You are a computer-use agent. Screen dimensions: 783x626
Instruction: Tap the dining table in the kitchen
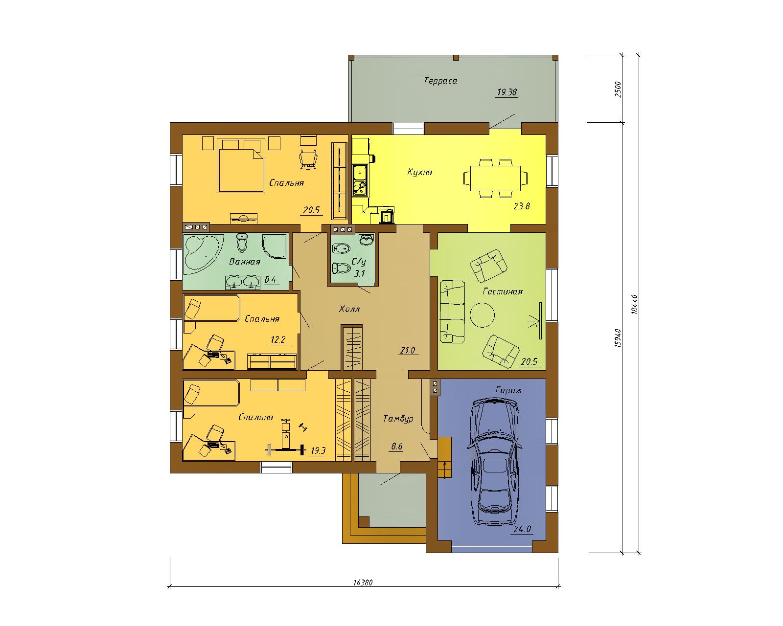click(x=495, y=178)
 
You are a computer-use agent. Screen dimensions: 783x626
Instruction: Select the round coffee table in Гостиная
click(x=482, y=315)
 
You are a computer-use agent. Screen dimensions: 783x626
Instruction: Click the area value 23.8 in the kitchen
click(x=522, y=206)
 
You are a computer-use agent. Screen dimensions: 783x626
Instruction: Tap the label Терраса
click(x=440, y=81)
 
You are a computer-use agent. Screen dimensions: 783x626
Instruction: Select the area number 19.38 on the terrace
click(x=507, y=92)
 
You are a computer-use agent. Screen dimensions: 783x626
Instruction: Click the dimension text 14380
click(x=363, y=582)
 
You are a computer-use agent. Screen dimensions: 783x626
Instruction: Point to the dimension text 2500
click(x=618, y=89)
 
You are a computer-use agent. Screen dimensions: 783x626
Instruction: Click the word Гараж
click(x=508, y=391)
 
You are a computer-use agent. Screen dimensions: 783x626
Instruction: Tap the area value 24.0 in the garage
click(x=523, y=529)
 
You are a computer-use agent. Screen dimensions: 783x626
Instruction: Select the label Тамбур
click(x=398, y=419)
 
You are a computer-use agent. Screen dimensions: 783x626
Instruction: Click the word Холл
click(x=349, y=309)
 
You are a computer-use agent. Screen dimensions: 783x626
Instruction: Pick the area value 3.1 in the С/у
click(x=360, y=273)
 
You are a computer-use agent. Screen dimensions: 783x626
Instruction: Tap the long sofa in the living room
click(x=452, y=312)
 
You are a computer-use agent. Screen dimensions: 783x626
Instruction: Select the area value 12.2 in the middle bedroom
click(x=278, y=340)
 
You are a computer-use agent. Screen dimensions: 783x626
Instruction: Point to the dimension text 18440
click(x=634, y=305)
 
